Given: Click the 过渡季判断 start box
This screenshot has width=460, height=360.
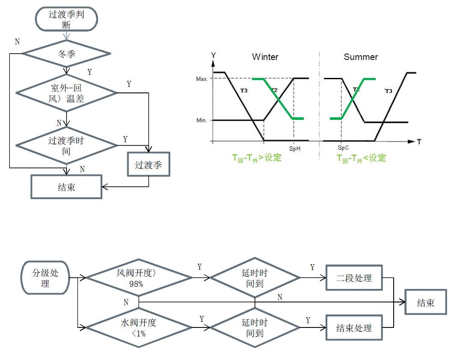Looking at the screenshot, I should pos(66,19).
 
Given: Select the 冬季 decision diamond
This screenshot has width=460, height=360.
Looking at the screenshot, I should pos(66,54).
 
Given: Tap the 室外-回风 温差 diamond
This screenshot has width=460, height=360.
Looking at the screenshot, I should pos(66,93).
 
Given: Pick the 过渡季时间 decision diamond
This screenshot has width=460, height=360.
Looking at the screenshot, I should pos(66,146).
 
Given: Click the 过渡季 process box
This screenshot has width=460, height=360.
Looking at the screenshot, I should pos(148,165).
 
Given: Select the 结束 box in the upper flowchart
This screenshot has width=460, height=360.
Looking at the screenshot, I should pos(66,187).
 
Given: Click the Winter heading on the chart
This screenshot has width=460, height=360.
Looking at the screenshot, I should pos(265,57).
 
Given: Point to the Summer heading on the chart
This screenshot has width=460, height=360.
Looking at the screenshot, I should pos(361,57).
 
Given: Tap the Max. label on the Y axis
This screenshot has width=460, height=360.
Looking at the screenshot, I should pos(202,79).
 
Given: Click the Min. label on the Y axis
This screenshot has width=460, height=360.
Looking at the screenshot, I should pos(202,121).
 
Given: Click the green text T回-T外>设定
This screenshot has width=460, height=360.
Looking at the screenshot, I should pos(257,158).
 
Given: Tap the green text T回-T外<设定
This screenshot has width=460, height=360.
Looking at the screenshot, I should pos(361,158).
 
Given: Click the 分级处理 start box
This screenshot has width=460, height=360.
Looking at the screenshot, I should pos(45,278).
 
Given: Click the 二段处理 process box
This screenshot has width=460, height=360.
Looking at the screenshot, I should pos(354,278).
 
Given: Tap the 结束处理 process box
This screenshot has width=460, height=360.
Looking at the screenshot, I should pos(354,328).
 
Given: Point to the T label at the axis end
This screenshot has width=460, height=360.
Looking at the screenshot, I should pos(419,142).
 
